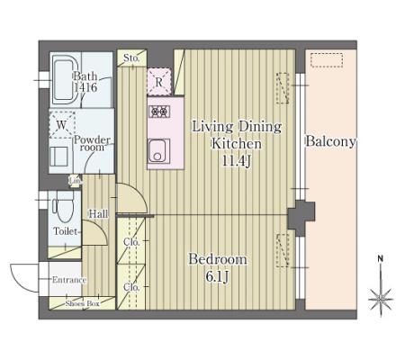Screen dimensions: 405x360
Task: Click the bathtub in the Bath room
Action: coord(65,79)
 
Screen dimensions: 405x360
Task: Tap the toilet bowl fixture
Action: coord(64,207)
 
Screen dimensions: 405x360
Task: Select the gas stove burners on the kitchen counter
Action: coord(159,112)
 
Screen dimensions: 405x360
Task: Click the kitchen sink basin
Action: coord(158,151)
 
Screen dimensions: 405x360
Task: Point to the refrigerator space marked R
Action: coord(159,82)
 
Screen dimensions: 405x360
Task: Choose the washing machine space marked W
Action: coord(62,125)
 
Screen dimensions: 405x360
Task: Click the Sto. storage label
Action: coord(131,58)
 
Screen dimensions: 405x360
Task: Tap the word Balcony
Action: coord(330,141)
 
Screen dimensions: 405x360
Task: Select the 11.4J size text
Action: coord(237,161)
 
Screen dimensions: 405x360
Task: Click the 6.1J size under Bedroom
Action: coord(217,276)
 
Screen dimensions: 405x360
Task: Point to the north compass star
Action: coord(381,299)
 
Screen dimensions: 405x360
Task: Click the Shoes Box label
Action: coord(82,303)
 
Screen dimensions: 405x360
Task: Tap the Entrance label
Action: coord(69,280)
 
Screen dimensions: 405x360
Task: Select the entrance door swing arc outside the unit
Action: coord(17,283)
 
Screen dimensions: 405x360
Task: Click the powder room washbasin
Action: coord(58,157)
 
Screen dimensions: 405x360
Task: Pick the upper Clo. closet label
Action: coord(131,242)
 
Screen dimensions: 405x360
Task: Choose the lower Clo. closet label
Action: coord(131,287)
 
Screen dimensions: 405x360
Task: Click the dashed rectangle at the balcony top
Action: coord(327,60)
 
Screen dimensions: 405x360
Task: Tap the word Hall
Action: coord(98,214)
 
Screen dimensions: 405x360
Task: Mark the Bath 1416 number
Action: coord(85,87)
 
